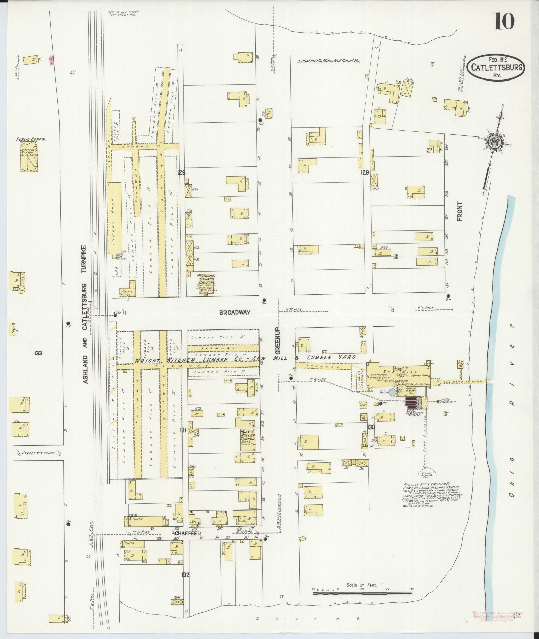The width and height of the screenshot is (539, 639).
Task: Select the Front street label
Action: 460,211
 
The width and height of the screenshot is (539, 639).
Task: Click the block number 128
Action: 182,173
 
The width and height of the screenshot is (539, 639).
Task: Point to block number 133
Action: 38,353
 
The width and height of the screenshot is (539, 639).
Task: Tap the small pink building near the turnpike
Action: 52,61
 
